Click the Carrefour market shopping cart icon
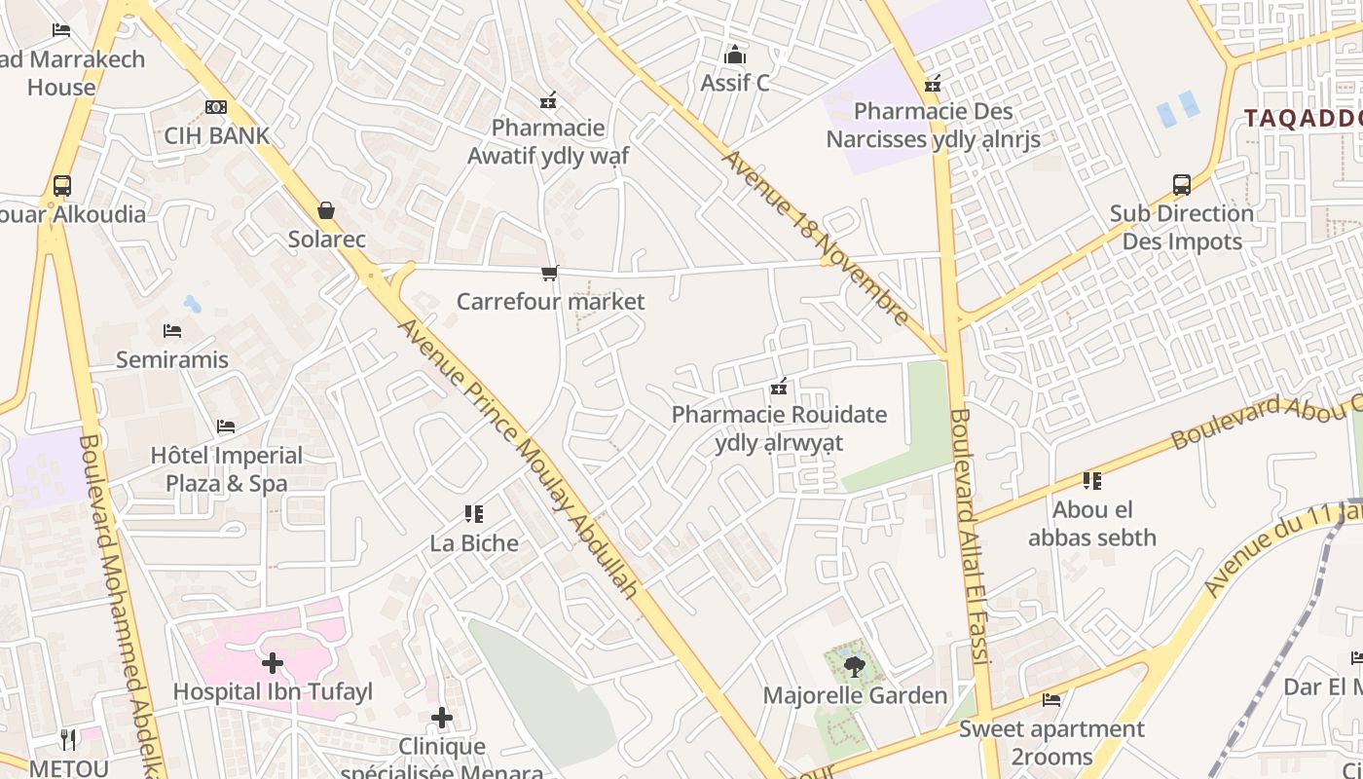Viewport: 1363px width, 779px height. [550, 274]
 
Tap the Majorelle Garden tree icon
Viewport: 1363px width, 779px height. [854, 667]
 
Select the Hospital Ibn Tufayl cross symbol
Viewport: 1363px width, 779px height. [273, 664]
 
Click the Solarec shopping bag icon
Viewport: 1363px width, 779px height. [326, 210]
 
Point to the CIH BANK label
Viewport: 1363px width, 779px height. [216, 135]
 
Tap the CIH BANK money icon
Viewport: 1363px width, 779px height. [216, 107]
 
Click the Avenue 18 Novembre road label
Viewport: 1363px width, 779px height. [816, 237]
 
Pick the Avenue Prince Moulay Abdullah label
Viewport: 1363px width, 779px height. [520, 458]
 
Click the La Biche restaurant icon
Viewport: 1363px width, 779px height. [474, 514]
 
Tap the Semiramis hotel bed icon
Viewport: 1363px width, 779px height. [172, 331]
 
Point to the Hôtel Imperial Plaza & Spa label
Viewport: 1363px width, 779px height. [227, 469]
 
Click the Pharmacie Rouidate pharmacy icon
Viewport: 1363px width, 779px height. [779, 388]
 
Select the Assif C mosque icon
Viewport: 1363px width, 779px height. [735, 55]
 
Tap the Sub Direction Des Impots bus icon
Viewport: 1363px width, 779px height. [1182, 185]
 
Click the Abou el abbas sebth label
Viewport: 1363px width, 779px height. [1092, 523]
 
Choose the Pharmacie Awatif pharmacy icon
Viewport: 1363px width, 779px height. [548, 100]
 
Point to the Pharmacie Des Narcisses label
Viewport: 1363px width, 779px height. [934, 126]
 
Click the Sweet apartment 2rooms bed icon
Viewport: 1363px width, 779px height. [1051, 699]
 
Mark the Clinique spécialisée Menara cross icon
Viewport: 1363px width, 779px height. [442, 719]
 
